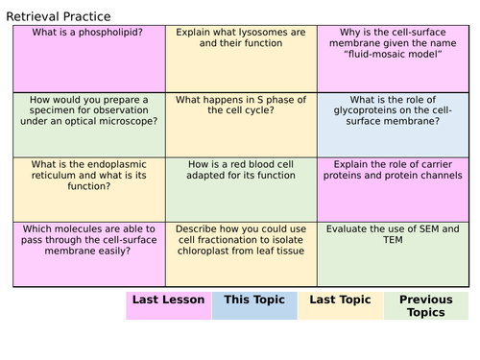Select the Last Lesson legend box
point(169,305)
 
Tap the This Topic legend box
point(254,305)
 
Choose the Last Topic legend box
point(340,305)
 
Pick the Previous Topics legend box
point(425,305)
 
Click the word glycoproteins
point(363,110)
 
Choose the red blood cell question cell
point(240,188)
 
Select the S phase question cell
point(240,124)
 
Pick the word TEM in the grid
point(339,241)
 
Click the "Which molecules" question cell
point(88,253)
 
